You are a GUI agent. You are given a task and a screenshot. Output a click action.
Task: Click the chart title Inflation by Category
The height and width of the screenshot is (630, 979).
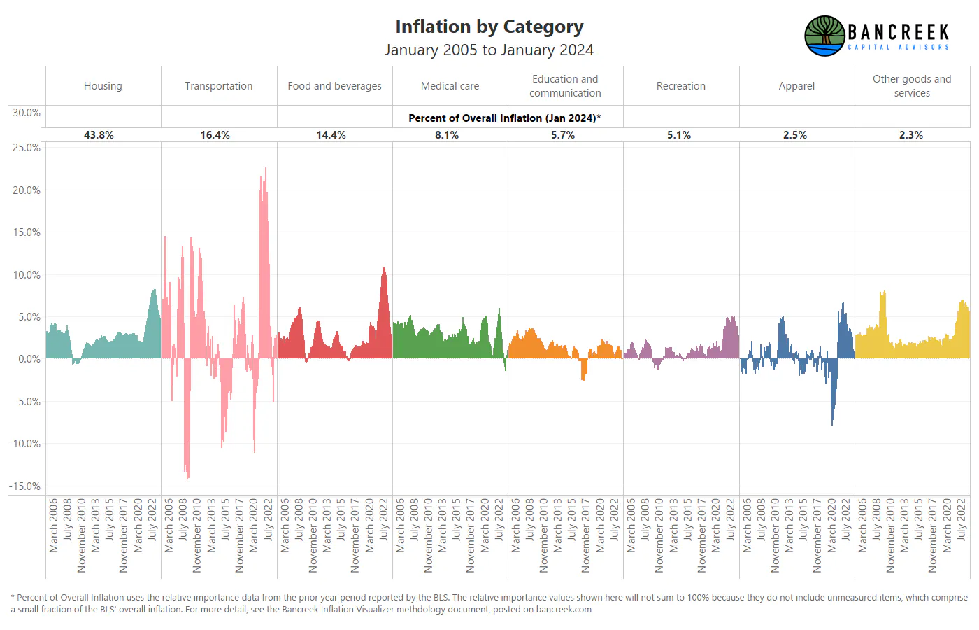pyautogui.click(x=489, y=27)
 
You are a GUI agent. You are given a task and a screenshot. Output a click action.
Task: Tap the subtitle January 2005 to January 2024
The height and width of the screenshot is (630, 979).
pyautogui.click(x=489, y=50)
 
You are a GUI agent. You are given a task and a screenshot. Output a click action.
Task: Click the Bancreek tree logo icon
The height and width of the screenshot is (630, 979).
pyautogui.click(x=824, y=36)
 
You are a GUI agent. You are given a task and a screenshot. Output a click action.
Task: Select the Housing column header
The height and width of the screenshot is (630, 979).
pyautogui.click(x=103, y=85)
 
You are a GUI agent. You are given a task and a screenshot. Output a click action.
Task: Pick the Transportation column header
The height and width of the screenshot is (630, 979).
pyautogui.click(x=218, y=85)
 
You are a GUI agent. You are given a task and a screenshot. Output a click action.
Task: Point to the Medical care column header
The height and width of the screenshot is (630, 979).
pyautogui.click(x=450, y=85)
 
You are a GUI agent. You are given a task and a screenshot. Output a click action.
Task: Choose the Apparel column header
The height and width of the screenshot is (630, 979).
pyautogui.click(x=796, y=86)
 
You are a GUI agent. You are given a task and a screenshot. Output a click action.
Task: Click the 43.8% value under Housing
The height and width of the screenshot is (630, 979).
pyautogui.click(x=99, y=135)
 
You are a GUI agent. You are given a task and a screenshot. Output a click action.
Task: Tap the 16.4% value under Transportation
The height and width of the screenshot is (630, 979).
pyautogui.click(x=215, y=135)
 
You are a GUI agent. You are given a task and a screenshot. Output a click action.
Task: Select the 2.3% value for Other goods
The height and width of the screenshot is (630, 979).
pyautogui.click(x=910, y=135)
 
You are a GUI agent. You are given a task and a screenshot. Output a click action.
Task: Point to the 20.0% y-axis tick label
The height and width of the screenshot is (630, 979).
pyautogui.click(x=27, y=190)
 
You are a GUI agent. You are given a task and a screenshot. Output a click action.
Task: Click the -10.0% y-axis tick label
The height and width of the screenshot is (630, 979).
pyautogui.click(x=24, y=444)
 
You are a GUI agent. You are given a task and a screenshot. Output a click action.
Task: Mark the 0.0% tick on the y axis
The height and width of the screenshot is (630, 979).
pyautogui.click(x=29, y=359)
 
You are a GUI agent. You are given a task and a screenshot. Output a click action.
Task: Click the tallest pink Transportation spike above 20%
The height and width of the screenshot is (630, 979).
pyautogui.click(x=265, y=169)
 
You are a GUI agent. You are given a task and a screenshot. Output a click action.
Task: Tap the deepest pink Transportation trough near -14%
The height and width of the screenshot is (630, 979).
pyautogui.click(x=188, y=477)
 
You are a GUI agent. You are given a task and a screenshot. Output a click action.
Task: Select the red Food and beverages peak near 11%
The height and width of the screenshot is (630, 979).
pyautogui.click(x=383, y=268)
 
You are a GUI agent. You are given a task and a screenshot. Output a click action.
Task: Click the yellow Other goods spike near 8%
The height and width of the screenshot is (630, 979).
pyautogui.click(x=882, y=293)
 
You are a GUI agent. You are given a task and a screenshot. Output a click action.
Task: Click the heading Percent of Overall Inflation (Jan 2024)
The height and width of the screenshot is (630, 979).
pyautogui.click(x=504, y=118)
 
